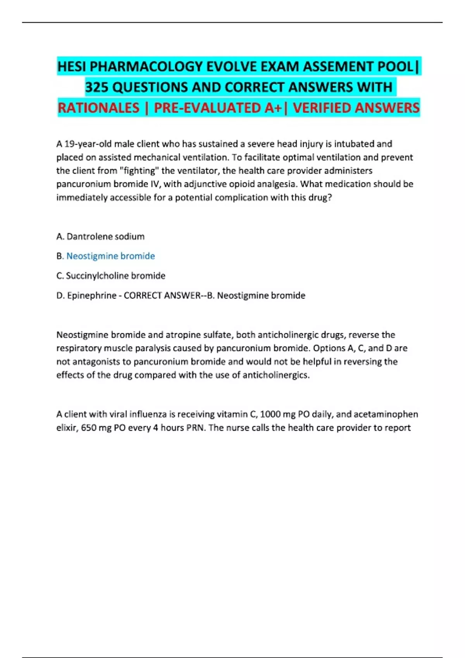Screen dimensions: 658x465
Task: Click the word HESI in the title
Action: [x=72, y=67]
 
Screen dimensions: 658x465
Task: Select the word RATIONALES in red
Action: [x=98, y=108]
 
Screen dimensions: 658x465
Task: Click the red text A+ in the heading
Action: [x=273, y=108]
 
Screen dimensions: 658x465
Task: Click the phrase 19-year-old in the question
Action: [x=88, y=144]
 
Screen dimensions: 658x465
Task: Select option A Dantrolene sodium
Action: [x=100, y=236]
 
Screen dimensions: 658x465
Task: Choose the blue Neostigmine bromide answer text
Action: [x=111, y=256]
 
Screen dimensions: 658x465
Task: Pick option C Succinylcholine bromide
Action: [x=111, y=276]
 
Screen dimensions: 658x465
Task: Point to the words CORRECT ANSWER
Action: [x=162, y=296]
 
